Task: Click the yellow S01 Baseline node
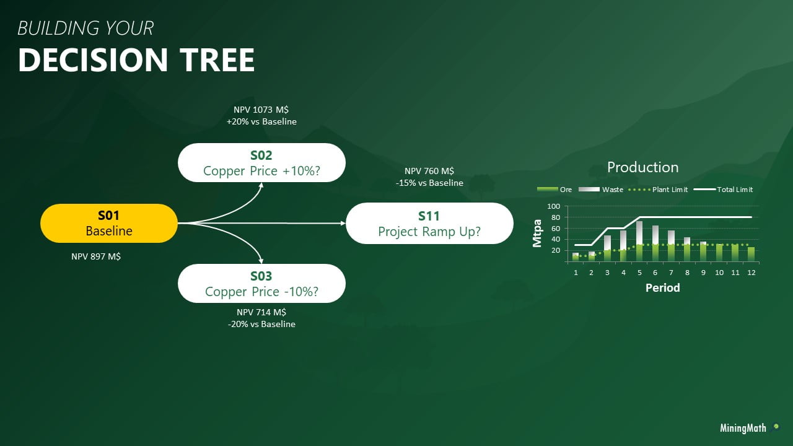click(x=109, y=223)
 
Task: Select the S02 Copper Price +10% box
click(x=261, y=163)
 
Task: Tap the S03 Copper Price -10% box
click(x=261, y=284)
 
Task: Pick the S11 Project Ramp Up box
click(x=429, y=224)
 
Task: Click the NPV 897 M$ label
click(x=96, y=256)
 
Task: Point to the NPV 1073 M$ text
click(x=261, y=110)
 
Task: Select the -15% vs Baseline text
click(x=429, y=183)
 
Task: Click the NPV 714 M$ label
click(x=261, y=312)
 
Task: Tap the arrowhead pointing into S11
click(x=343, y=223)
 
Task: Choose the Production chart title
click(x=642, y=167)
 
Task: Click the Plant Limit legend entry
click(x=670, y=190)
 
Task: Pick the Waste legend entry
click(x=612, y=190)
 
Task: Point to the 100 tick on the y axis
click(x=553, y=206)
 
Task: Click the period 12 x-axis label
click(x=751, y=273)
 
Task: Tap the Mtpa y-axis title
click(x=538, y=234)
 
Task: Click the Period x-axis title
click(x=662, y=288)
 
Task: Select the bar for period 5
click(x=639, y=241)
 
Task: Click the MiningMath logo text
click(x=743, y=428)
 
